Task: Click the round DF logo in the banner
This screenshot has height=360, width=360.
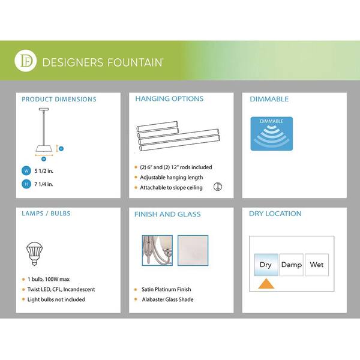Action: pos(25,61)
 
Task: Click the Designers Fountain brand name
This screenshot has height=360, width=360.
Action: pos(103,62)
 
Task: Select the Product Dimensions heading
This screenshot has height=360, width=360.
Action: pos(59,99)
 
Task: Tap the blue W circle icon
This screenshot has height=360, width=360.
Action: pos(26,171)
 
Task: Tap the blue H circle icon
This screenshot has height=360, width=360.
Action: pos(26,184)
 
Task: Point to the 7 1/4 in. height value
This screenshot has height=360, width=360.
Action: pos(44,184)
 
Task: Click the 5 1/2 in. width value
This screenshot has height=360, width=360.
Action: pos(44,171)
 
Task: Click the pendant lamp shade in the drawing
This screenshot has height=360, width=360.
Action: pos(44,148)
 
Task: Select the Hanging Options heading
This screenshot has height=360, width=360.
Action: pos(169,99)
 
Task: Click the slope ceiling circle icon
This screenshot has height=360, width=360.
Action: pos(218,187)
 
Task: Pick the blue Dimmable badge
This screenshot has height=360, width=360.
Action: pos(272,134)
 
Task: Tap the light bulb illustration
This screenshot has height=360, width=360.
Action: pos(34,253)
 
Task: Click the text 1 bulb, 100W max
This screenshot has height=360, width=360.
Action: pos(49,279)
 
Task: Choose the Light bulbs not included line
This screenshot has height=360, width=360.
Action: pos(56,299)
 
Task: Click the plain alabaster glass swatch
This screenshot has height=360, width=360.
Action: pos(193,250)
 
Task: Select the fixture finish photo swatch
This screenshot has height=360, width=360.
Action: pos(157,250)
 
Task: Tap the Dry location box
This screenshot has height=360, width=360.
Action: pos(266,265)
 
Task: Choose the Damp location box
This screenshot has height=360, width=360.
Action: pos(292,265)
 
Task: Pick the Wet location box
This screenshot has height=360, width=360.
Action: pos(317,265)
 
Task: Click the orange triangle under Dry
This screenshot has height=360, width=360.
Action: pos(266,284)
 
